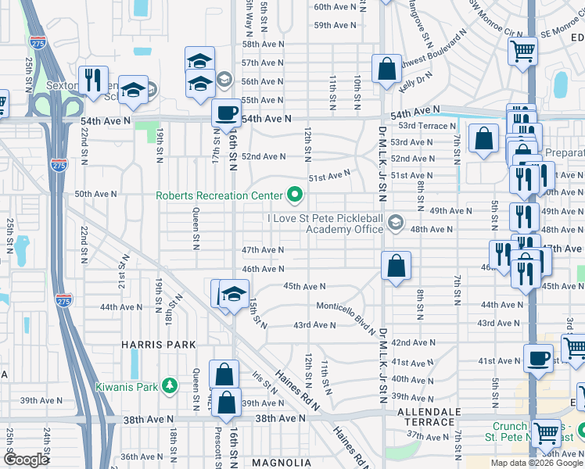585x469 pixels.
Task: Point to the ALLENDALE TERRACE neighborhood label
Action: [426, 417]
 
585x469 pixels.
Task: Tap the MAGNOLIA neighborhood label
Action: [282, 463]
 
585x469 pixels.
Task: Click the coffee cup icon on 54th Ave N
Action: [226, 112]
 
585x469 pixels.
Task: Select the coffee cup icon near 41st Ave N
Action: [537, 357]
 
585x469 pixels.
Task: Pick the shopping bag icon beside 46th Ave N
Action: [397, 265]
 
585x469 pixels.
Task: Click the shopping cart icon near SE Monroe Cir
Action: [522, 51]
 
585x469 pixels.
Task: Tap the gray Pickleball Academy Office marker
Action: [395, 224]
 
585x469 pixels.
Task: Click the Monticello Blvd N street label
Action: [346, 312]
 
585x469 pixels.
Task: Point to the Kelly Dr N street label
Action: [415, 78]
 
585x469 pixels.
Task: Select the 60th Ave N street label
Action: [335, 6]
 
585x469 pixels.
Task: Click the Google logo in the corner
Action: [26, 460]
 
